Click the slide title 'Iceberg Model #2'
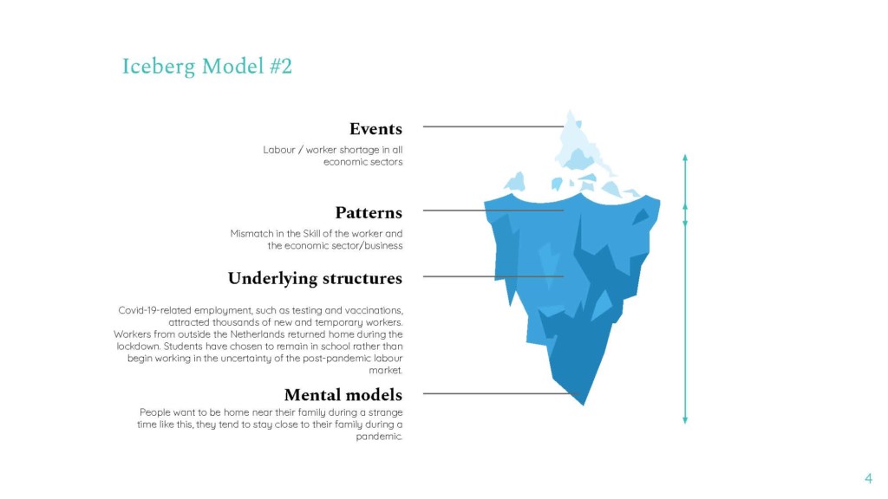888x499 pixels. [x=207, y=67]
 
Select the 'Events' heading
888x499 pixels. [x=376, y=129]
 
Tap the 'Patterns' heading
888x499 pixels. [x=369, y=213]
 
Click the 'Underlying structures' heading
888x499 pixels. [x=315, y=279]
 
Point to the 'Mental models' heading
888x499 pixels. [x=343, y=395]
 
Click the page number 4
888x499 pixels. [x=868, y=478]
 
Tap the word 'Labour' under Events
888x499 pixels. [x=279, y=150]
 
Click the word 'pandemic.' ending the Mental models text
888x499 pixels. [x=380, y=437]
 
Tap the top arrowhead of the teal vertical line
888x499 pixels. [x=685, y=158]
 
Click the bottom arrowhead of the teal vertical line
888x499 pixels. [x=685, y=420]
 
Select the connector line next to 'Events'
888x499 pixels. [x=493, y=126]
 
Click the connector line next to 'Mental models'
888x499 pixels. [x=500, y=394]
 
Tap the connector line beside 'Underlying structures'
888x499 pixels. [x=493, y=276]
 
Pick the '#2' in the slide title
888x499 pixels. [x=281, y=67]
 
